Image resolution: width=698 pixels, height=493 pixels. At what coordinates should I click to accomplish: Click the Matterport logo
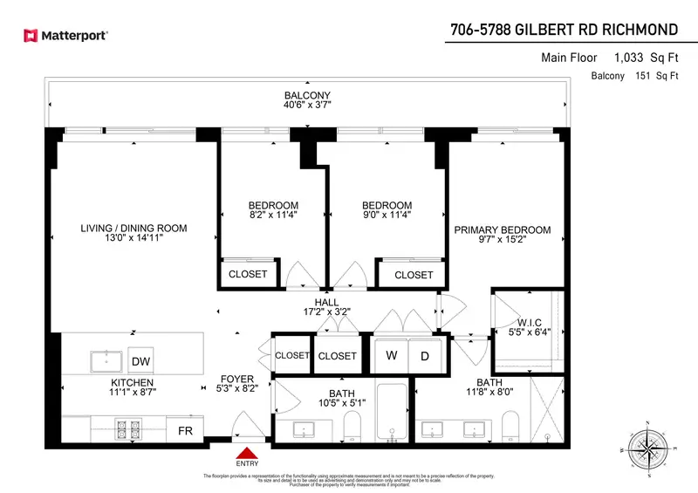point(65,36)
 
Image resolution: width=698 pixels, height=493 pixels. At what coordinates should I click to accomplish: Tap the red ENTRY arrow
point(247,454)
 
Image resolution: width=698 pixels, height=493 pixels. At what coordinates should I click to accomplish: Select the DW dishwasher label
point(140,361)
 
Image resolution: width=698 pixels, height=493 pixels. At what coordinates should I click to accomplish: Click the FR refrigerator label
point(184,429)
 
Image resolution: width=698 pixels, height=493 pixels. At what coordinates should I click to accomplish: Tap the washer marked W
point(392,356)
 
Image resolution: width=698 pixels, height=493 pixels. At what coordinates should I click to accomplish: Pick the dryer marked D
point(425,356)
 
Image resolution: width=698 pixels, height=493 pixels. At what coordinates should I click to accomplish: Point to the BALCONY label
point(307,96)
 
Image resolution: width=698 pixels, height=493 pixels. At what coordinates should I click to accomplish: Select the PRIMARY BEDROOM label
point(502,230)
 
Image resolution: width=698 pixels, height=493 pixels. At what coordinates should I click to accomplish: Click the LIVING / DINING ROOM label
point(133,229)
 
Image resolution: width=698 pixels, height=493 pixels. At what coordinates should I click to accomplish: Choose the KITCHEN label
point(133,383)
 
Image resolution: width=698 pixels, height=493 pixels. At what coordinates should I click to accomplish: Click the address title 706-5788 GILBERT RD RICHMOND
point(564,31)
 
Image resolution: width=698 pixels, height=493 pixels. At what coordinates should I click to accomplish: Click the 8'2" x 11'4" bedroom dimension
point(274,216)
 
